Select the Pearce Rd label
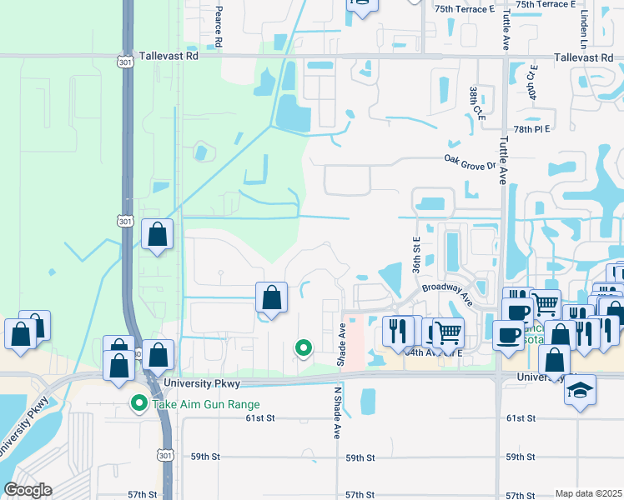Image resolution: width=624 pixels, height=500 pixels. click(x=219, y=26)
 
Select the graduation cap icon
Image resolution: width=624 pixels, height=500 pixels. click(x=580, y=389)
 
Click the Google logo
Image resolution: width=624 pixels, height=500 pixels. click(x=28, y=490)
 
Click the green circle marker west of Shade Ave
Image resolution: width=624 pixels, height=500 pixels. click(x=304, y=348)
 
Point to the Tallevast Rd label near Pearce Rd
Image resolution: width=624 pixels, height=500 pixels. click(x=169, y=57)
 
